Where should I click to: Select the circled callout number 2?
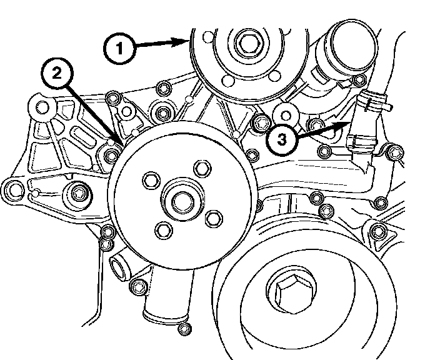click(56, 74)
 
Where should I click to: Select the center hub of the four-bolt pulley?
click(181, 201)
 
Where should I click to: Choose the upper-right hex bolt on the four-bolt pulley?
click(201, 167)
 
